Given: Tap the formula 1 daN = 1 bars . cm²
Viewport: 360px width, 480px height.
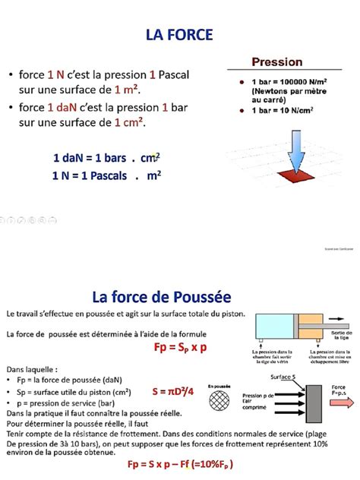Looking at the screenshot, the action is click(x=106, y=158).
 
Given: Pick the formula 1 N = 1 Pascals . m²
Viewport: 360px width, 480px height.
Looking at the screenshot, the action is click(x=106, y=175).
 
